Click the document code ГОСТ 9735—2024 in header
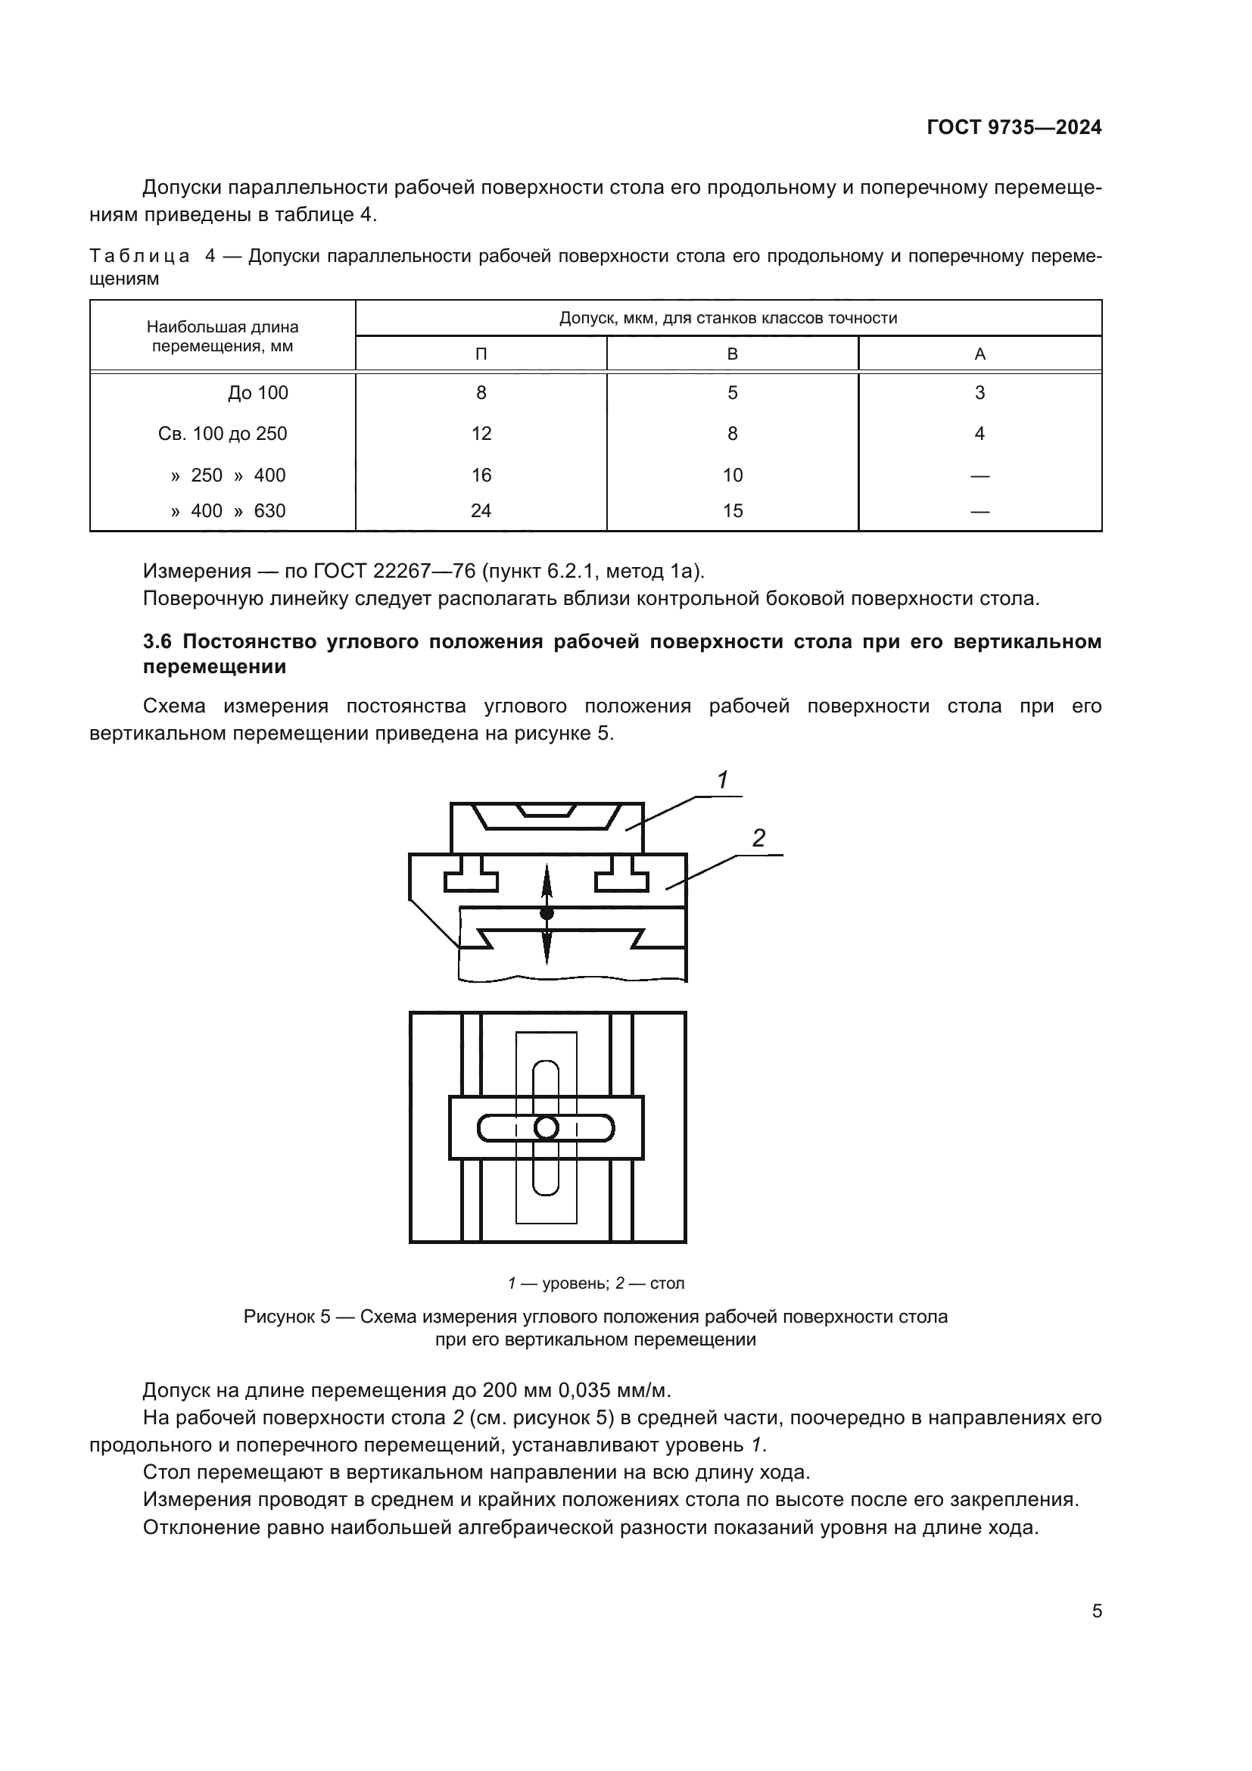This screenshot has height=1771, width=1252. pyautogui.click(x=1013, y=127)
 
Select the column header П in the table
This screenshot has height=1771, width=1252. pyautogui.click(x=481, y=354)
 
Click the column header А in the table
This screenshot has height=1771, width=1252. pyautogui.click(x=979, y=354)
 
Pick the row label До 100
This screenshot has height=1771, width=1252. pyautogui.click(x=257, y=393)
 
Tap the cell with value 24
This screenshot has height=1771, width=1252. pyautogui.click(x=481, y=510)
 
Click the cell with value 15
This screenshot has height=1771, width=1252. pyautogui.click(x=732, y=510)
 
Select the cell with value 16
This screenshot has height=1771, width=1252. pyautogui.click(x=481, y=475)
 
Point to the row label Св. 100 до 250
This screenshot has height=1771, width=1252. pyautogui.click(x=222, y=434)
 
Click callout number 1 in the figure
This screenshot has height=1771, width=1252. pyautogui.click(x=722, y=781)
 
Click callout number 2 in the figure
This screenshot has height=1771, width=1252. pyautogui.click(x=758, y=838)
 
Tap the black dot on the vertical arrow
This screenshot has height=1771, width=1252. pyautogui.click(x=547, y=913)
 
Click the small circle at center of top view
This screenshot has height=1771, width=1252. pyautogui.click(x=546, y=1128)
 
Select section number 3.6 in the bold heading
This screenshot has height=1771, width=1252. pyautogui.click(x=160, y=642)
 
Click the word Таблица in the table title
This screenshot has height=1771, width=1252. pyautogui.click(x=139, y=256)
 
